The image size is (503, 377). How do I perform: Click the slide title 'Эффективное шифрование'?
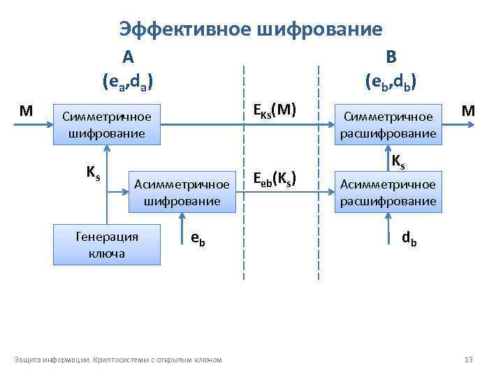(x=251, y=29)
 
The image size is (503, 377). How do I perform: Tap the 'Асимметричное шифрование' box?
(x=182, y=192)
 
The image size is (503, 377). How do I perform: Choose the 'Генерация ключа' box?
(x=107, y=244)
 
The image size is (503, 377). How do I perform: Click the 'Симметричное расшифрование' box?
(x=388, y=125)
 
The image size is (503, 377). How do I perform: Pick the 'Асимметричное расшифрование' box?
(x=388, y=193)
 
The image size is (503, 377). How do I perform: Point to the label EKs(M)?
(x=275, y=110)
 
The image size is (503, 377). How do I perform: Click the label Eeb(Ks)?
(x=275, y=178)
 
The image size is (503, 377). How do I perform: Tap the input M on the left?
(x=27, y=110)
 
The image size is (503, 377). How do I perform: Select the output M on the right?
(x=469, y=110)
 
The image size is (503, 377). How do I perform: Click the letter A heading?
(x=128, y=57)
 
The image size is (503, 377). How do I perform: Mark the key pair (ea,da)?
(x=127, y=82)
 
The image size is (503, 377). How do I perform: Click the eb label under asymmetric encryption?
(x=198, y=238)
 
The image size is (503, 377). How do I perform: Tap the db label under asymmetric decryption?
(x=409, y=238)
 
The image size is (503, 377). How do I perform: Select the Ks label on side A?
(x=92, y=172)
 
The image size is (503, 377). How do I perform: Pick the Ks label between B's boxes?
(x=398, y=161)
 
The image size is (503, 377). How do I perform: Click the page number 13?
(x=469, y=360)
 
